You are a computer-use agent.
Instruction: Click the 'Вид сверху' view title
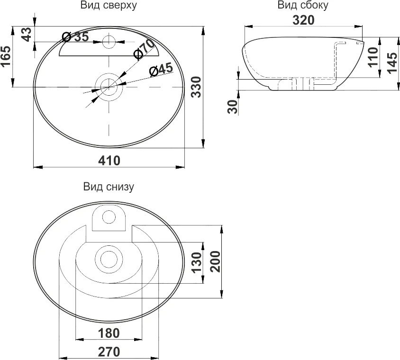click(x=109, y=5)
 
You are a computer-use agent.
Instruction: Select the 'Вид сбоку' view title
click(x=303, y=5)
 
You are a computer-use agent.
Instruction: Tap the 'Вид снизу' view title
click(x=109, y=187)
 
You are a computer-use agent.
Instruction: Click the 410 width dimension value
click(x=109, y=161)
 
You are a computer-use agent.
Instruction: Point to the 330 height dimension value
click(x=197, y=87)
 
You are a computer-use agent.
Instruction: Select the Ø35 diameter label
click(x=75, y=37)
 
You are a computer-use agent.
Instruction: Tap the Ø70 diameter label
click(x=144, y=49)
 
